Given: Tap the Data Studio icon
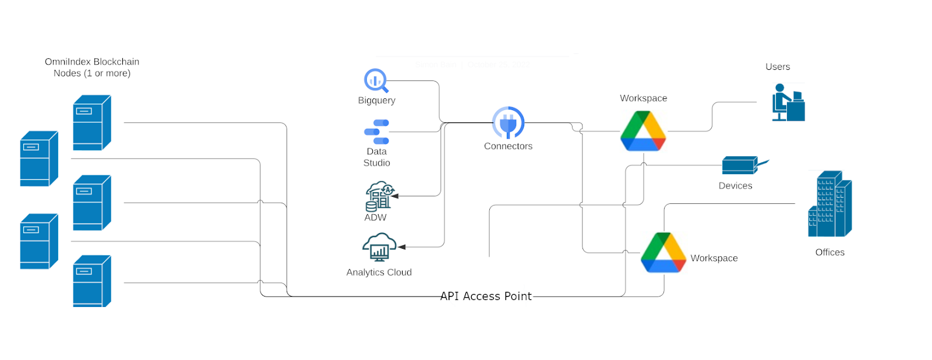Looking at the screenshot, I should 377,132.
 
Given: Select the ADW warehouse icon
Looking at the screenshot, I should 379,196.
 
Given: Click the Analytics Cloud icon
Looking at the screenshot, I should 379,248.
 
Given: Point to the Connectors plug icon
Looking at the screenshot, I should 508,123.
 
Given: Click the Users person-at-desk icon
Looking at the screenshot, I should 788,103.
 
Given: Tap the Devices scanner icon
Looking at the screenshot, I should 743,165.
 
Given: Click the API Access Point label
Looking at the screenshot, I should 486,296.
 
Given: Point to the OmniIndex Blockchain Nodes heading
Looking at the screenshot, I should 92,68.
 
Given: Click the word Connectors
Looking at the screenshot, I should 508,146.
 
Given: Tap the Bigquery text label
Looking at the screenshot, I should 376,100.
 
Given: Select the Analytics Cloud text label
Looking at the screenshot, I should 379,272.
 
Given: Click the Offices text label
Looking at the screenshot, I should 829,252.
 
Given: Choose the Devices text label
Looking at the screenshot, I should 735,186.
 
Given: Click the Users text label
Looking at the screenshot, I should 778,67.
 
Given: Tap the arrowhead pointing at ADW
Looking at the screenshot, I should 395,196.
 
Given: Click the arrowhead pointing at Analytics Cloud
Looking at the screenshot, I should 402,247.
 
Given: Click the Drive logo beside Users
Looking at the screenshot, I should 643,131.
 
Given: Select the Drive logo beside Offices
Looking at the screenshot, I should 663,253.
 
